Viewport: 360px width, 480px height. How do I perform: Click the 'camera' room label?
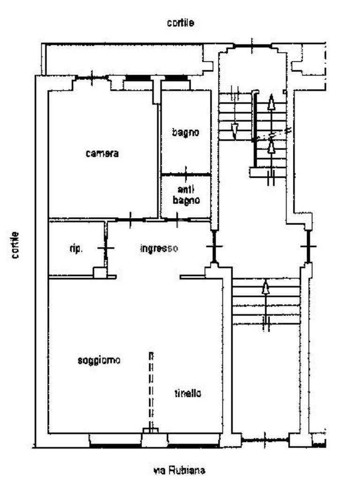click(x=102, y=153)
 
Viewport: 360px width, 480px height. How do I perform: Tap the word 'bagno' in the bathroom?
click(x=186, y=133)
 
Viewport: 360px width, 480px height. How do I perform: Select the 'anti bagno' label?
click(x=186, y=195)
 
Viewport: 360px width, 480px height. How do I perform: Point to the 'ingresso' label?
click(x=159, y=248)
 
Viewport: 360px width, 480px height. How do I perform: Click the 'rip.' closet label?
click(x=75, y=248)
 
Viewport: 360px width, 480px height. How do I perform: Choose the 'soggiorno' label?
click(x=99, y=360)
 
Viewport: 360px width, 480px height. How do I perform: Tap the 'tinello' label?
click(x=188, y=393)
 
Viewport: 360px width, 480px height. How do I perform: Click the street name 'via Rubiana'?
click(x=180, y=470)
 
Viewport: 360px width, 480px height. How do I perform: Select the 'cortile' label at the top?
click(x=180, y=22)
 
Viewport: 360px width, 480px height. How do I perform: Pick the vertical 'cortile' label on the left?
click(x=15, y=245)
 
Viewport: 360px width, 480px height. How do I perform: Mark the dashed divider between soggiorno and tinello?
click(x=151, y=391)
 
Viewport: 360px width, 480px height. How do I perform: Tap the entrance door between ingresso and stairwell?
click(x=214, y=246)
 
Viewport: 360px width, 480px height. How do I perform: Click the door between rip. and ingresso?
click(x=106, y=247)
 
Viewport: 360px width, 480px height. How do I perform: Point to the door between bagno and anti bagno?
click(x=186, y=174)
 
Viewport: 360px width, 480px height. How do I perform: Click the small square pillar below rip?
click(x=100, y=272)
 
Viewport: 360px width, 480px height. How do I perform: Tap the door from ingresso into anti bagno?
click(x=177, y=219)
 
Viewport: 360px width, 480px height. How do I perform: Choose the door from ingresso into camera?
click(x=130, y=219)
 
